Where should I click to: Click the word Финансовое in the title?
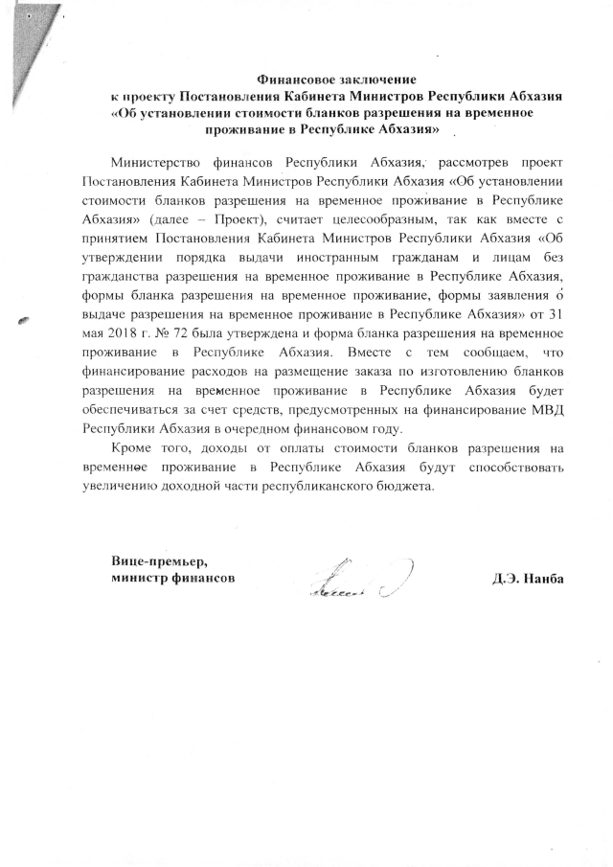pos(293,80)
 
